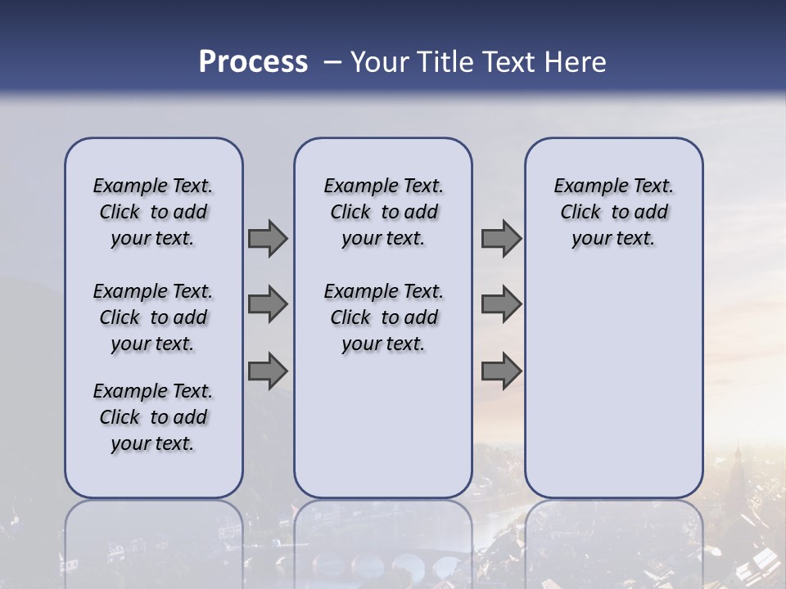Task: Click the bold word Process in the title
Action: [253, 61]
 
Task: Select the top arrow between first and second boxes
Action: [268, 239]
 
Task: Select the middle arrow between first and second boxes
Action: [268, 304]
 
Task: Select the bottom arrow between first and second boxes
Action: [268, 370]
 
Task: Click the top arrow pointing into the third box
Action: [501, 239]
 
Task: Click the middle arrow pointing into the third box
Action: [501, 304]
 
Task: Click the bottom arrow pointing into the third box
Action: [501, 370]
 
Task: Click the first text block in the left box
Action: [153, 212]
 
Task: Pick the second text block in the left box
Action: [153, 317]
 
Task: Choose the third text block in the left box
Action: [153, 417]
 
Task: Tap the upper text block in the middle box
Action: [383, 212]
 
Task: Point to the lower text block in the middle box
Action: [383, 317]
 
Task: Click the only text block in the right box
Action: [613, 212]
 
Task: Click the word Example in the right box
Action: [584, 186]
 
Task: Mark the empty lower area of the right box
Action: [613, 384]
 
